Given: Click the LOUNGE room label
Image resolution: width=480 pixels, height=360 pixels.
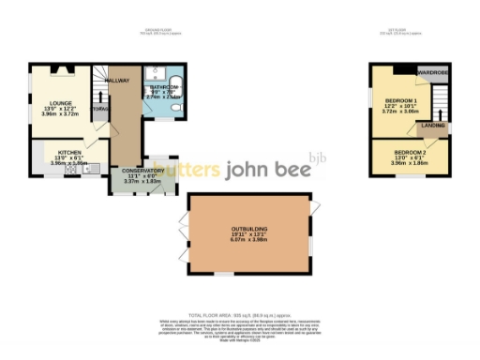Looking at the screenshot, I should (x=47, y=103).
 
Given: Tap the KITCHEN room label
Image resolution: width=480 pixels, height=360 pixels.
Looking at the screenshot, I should (x=67, y=151).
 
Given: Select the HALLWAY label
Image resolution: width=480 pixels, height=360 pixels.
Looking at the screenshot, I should (x=118, y=82).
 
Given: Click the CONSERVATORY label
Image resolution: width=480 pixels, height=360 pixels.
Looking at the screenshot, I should (x=142, y=171).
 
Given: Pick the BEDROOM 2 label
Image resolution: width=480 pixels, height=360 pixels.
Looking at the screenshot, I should (x=410, y=152).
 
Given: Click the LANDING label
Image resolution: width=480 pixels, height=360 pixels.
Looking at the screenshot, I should (x=432, y=125).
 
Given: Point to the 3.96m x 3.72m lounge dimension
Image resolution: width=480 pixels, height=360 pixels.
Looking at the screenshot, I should (x=47, y=115).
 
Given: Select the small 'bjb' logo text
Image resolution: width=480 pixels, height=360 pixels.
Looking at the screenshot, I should (x=319, y=158).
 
